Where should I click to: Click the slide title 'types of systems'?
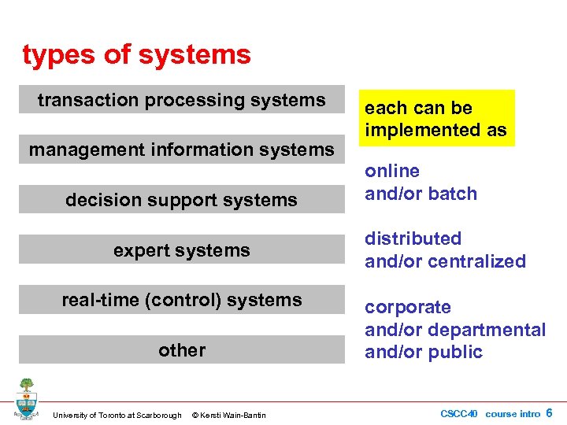pos(136,55)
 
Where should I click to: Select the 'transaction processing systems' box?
pos(182,100)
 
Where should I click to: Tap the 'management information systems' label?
pos(182,150)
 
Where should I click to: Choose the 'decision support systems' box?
pos(182,200)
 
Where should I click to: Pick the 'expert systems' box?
pos(182,250)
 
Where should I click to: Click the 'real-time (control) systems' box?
pos(182,300)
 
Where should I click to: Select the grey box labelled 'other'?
pos(182,350)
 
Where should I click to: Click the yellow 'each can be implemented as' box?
pos(435,118)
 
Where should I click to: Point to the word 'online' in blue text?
pos(391,171)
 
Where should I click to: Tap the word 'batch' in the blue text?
pos(452,194)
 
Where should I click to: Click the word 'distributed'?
pos(413,238)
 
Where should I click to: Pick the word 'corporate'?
pos(407,307)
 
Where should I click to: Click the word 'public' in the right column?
pos(456,352)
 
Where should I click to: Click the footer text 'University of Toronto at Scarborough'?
pos(117,416)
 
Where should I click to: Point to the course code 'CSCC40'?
pos(458,414)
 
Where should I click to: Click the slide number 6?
pos(549,413)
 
